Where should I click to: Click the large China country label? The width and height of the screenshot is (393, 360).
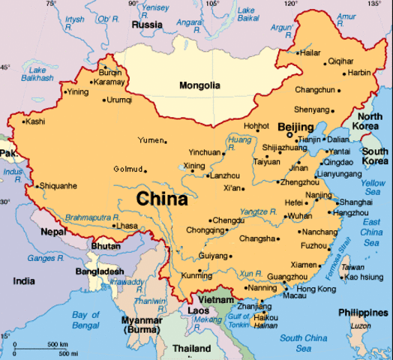click(162, 199)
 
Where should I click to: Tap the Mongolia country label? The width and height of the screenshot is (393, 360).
click(199, 85)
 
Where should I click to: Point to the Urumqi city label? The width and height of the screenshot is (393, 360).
click(119, 99)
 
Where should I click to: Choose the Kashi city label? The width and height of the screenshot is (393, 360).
click(35, 121)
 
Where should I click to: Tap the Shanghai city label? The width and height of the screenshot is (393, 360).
click(355, 202)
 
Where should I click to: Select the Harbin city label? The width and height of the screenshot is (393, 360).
click(359, 73)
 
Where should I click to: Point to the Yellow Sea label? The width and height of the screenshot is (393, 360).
click(373, 187)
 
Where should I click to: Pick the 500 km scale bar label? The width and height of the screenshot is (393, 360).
click(58, 344)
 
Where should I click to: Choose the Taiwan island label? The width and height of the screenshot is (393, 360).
click(352, 267)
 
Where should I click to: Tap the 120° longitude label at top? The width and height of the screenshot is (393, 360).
click(290, 4)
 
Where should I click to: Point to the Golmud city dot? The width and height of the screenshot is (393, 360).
click(145, 169)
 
